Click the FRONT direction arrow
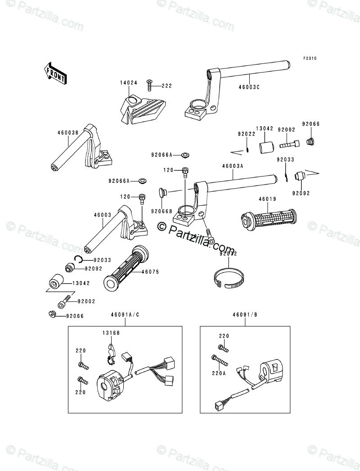[55, 72]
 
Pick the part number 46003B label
[68, 133]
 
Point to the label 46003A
[232, 166]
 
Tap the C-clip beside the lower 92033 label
[78, 258]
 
